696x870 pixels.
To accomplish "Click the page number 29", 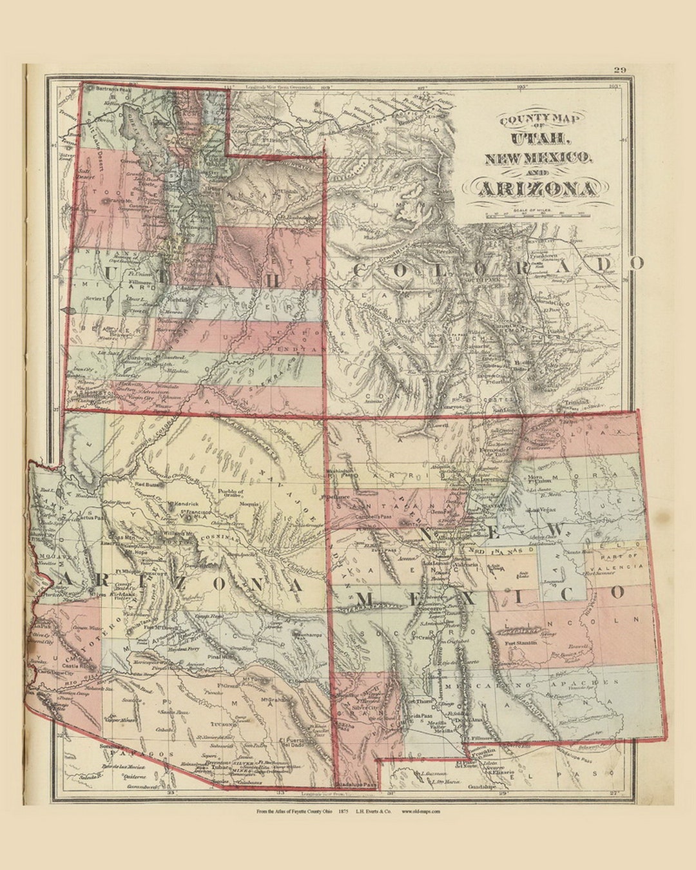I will [619, 70].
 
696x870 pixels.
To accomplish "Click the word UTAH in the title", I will [540, 137].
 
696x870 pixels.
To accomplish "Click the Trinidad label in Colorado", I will [575, 401].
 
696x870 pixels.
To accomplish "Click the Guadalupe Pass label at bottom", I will [355, 784].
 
